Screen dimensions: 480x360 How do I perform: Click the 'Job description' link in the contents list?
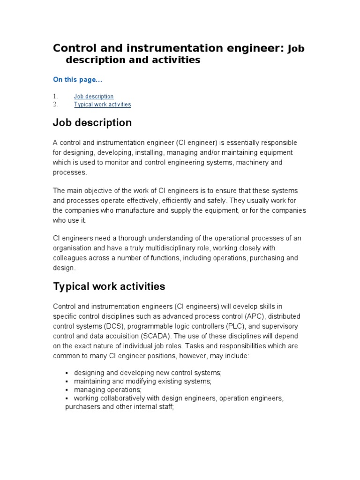click(x=94, y=97)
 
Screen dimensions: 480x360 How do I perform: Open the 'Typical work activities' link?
click(x=102, y=105)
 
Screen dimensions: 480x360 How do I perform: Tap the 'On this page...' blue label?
click(x=77, y=80)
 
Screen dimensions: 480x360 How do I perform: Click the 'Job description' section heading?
click(x=92, y=123)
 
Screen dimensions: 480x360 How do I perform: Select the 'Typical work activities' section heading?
click(x=109, y=286)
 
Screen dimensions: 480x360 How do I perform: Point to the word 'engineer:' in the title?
click(x=261, y=48)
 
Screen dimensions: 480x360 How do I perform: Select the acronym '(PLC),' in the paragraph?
click(x=237, y=326)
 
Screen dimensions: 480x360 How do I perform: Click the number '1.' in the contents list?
click(x=55, y=97)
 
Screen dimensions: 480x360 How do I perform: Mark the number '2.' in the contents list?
click(x=55, y=105)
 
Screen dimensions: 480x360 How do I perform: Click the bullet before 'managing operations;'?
click(x=68, y=390)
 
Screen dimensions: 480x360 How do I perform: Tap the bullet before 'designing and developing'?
click(x=68, y=373)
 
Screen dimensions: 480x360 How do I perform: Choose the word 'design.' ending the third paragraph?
click(x=64, y=268)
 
